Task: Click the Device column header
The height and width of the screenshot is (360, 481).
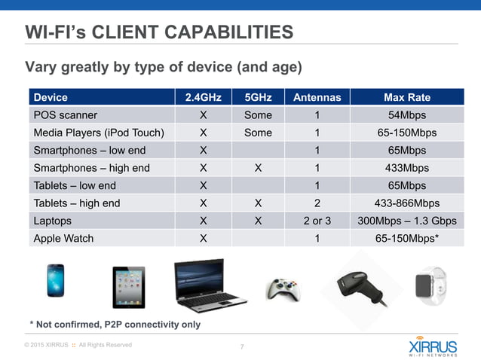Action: (51, 97)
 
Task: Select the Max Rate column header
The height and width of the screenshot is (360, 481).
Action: (406, 97)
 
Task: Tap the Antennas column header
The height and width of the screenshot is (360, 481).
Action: (317, 97)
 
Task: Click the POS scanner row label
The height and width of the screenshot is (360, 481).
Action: (65, 115)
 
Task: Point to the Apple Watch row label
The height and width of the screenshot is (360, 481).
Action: (63, 238)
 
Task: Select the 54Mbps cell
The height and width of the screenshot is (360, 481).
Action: (406, 115)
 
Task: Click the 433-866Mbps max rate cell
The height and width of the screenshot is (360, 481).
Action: (406, 203)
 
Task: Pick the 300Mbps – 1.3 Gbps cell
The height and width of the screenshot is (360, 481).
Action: (406, 221)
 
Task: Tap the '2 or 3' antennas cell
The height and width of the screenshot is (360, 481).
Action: (317, 221)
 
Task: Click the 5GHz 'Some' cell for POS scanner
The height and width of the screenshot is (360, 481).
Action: (258, 115)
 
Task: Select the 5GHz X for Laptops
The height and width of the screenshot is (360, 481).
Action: (258, 221)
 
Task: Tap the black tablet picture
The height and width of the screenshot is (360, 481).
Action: (128, 286)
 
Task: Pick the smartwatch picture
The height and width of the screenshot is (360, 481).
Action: (430, 285)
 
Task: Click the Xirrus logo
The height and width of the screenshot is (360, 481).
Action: (432, 347)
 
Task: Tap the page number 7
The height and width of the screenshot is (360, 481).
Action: (241, 346)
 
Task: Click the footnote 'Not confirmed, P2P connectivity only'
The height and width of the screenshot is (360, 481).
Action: (115, 324)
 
